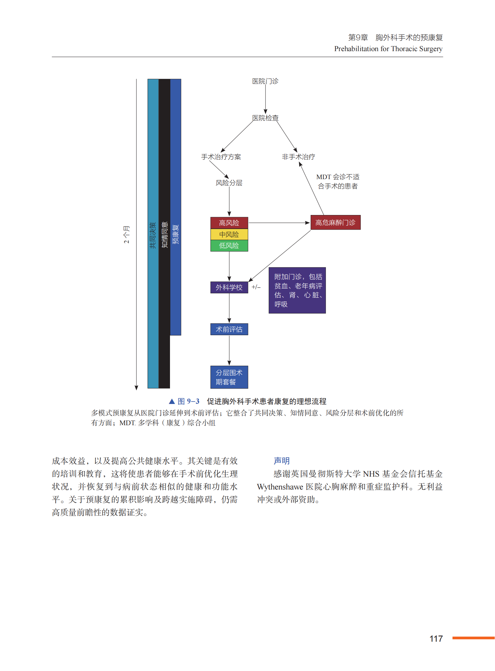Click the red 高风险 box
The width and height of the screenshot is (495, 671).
(x=229, y=223)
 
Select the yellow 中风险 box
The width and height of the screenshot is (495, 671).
(x=229, y=234)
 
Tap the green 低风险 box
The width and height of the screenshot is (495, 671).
(x=229, y=246)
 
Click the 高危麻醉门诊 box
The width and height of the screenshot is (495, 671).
(x=335, y=222)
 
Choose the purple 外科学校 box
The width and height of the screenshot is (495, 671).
(x=229, y=287)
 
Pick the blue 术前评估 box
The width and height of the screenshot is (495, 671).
(x=229, y=329)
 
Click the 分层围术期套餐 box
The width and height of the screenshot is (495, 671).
(x=229, y=377)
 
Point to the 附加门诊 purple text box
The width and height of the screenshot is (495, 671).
(x=297, y=290)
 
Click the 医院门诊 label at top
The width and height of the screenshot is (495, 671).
(x=265, y=81)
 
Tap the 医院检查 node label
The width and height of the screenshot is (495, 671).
(x=265, y=118)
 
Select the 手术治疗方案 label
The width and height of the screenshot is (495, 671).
(x=221, y=157)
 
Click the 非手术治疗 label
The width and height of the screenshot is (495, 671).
(x=298, y=157)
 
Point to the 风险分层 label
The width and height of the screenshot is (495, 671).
(x=229, y=183)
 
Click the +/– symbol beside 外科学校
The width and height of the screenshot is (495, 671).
(x=256, y=287)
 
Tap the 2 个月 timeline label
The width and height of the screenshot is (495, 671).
(x=127, y=234)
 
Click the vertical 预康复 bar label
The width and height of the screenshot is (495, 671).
(x=176, y=234)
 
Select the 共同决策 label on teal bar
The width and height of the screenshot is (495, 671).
(x=153, y=235)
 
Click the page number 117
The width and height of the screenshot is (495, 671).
(x=436, y=639)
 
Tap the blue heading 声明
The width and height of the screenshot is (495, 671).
(x=281, y=461)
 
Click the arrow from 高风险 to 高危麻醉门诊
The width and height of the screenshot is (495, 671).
(x=279, y=223)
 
